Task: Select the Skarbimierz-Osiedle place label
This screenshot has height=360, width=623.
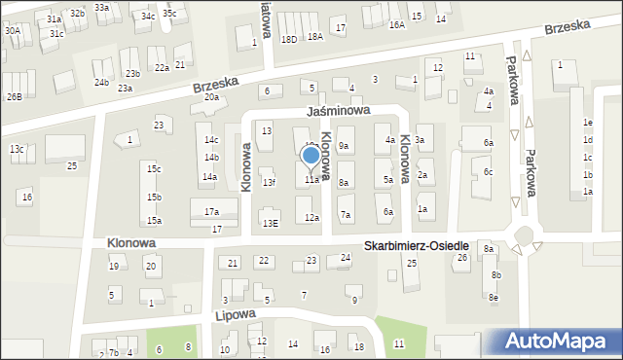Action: pos(418,247)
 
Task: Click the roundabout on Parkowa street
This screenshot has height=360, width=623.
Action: pos(527,236)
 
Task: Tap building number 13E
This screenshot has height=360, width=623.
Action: pos(270,223)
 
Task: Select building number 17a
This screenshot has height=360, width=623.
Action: pos(211,211)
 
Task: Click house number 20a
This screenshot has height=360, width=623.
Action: pos(211,97)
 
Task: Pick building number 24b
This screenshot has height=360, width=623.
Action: pos(102,83)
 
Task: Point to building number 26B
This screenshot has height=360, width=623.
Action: pos(14,96)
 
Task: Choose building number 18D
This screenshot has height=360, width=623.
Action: pos(288,39)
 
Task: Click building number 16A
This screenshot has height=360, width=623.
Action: pos(396,25)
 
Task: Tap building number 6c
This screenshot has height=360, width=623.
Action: pos(489,172)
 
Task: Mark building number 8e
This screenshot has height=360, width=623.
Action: pos(494,297)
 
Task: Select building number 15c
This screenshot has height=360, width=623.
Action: pos(154,169)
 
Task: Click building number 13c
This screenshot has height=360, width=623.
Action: pos(17,149)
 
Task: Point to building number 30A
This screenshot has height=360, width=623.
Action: pos(12,31)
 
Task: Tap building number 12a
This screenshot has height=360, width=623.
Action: pos(311,218)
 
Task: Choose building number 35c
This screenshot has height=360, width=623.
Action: pos(169,14)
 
